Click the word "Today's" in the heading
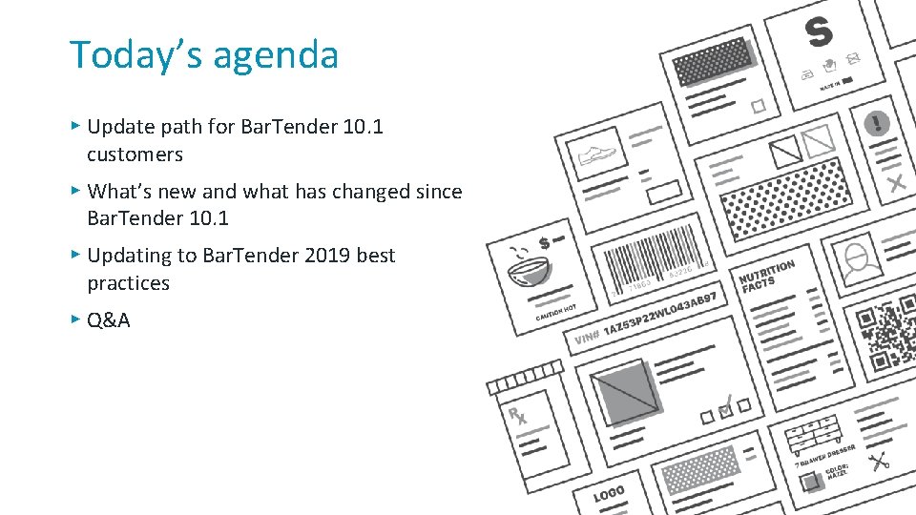coord(134,54)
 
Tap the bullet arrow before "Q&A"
coord(75,319)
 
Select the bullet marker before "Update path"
coord(75,125)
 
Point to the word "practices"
coord(128,283)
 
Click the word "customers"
coord(135,154)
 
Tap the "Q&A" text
coord(109,320)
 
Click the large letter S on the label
coord(819,31)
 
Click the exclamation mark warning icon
coord(876,123)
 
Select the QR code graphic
coord(887,340)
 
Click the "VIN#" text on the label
coord(587,338)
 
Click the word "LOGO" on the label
coord(609,494)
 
